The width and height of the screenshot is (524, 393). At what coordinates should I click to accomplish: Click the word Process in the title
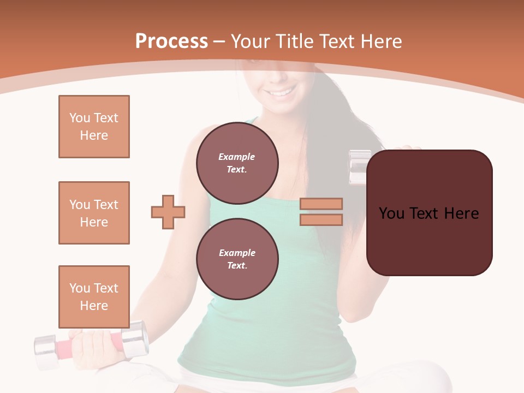(x=171, y=41)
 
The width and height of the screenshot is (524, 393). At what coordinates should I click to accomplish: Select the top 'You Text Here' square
(x=94, y=127)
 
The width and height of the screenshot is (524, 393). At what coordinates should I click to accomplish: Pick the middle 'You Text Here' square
(x=94, y=213)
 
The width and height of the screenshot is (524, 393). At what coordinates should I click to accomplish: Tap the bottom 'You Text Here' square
(x=94, y=297)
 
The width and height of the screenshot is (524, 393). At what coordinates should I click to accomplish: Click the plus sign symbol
(x=168, y=212)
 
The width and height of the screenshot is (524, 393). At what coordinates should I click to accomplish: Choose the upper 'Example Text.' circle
(x=237, y=163)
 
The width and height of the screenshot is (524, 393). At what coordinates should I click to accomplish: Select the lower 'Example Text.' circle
(x=237, y=259)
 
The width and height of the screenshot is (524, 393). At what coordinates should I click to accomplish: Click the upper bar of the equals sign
(x=321, y=204)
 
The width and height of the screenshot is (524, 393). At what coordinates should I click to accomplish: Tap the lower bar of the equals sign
(x=321, y=219)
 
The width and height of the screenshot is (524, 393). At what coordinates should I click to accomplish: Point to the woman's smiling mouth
(x=281, y=93)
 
